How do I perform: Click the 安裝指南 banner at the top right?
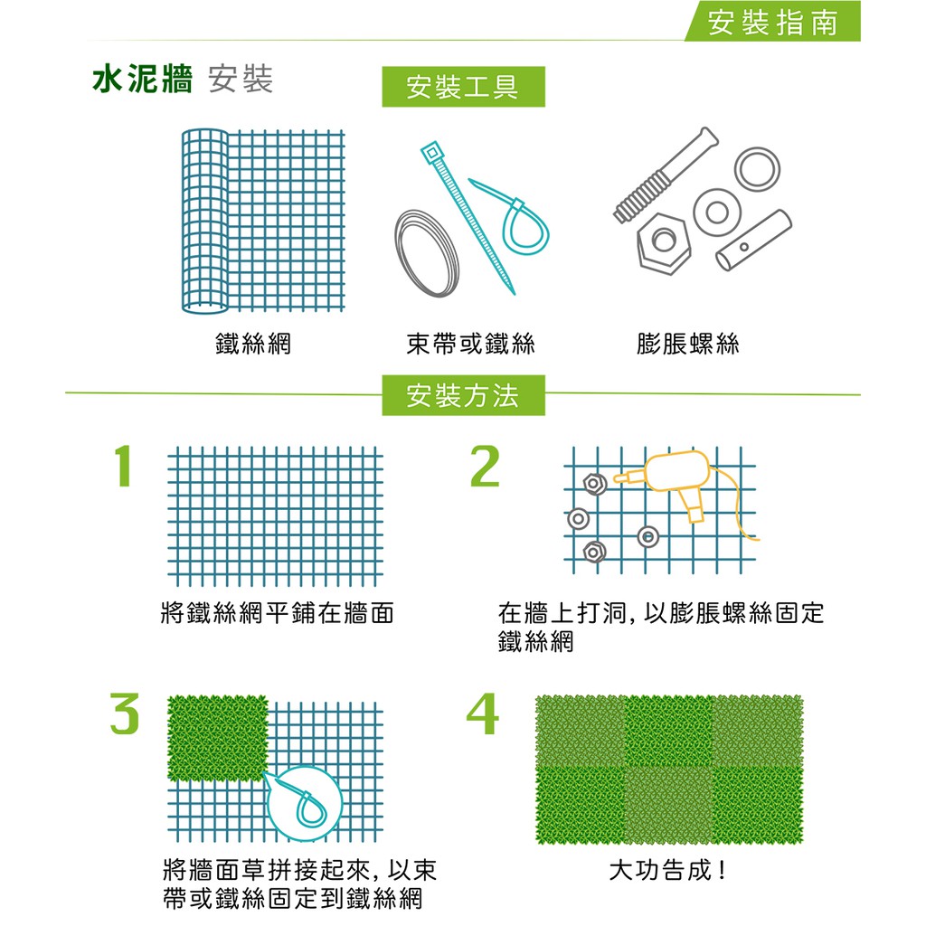pyautogui.click(x=772, y=23)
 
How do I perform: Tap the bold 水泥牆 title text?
pyautogui.click(x=143, y=80)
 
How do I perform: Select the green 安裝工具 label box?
pyautogui.click(x=464, y=87)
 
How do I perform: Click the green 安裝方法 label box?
pyautogui.click(x=464, y=395)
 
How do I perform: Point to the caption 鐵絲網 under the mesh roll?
pyautogui.click(x=253, y=344)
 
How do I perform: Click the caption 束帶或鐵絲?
pyautogui.click(x=470, y=344)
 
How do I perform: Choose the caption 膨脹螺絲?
pyautogui.click(x=688, y=344)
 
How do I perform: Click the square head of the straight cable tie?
pyautogui.click(x=431, y=153)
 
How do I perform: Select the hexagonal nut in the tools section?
pyautogui.click(x=664, y=242)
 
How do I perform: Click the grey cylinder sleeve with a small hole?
pyautogui.click(x=753, y=240)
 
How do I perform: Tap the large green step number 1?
pyautogui.click(x=122, y=466)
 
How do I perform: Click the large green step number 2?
pyautogui.click(x=485, y=466)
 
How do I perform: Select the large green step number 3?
pyautogui.click(x=125, y=713)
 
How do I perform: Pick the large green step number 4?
pyautogui.click(x=483, y=713)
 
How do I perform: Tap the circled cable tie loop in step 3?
pyautogui.click(x=305, y=804)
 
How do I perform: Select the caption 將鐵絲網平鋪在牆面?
pyautogui.click(x=277, y=613)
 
